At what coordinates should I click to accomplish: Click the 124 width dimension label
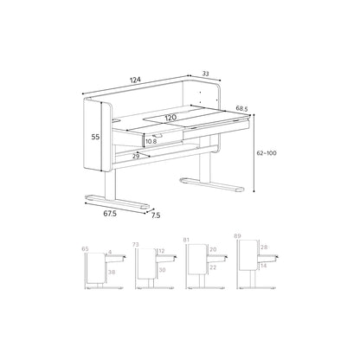[135, 80]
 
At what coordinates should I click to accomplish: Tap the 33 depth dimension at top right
[205, 74]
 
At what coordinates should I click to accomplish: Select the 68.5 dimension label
[242, 108]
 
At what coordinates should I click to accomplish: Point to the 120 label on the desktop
[170, 118]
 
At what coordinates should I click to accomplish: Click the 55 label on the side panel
[95, 137]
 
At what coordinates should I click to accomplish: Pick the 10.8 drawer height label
[151, 141]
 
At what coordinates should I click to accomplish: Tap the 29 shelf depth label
[136, 157]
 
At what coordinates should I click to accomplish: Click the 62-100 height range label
[267, 153]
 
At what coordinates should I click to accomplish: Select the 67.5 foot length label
[110, 214]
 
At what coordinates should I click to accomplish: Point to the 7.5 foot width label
[156, 215]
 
